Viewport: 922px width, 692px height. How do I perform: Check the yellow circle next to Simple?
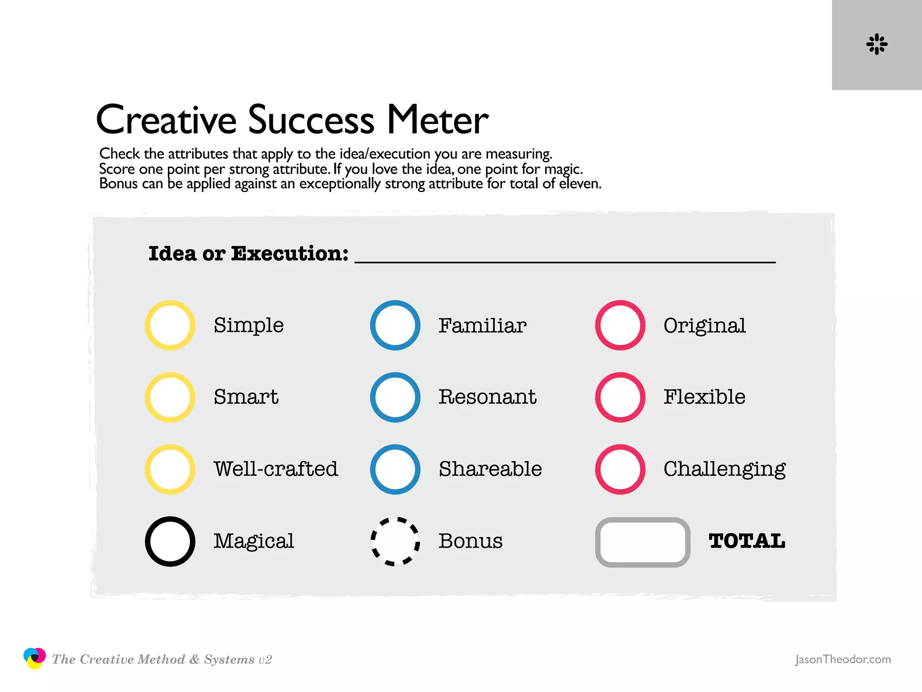pos(170,325)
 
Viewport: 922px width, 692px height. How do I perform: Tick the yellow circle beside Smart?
pos(170,397)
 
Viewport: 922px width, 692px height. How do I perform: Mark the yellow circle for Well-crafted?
pos(170,469)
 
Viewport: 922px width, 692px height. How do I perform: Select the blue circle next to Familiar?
pos(395,325)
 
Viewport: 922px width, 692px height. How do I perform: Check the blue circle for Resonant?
pos(395,397)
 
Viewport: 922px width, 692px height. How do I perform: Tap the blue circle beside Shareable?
pos(395,469)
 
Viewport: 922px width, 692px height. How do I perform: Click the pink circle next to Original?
pos(620,325)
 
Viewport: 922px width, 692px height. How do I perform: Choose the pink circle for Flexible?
pos(620,397)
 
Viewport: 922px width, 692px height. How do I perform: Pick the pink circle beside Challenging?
pos(620,469)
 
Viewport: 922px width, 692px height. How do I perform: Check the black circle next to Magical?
pos(170,542)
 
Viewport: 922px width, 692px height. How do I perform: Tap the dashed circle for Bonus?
pos(395,542)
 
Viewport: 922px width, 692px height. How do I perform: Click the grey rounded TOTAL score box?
pos(642,542)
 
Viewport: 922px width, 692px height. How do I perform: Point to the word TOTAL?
pos(747,541)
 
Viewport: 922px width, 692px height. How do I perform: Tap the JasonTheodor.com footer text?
pos(843,660)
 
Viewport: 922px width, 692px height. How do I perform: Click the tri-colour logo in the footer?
pos(35,658)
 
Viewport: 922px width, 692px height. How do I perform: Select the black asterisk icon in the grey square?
pos(877,44)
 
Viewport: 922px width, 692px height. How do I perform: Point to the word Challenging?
pos(724,469)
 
